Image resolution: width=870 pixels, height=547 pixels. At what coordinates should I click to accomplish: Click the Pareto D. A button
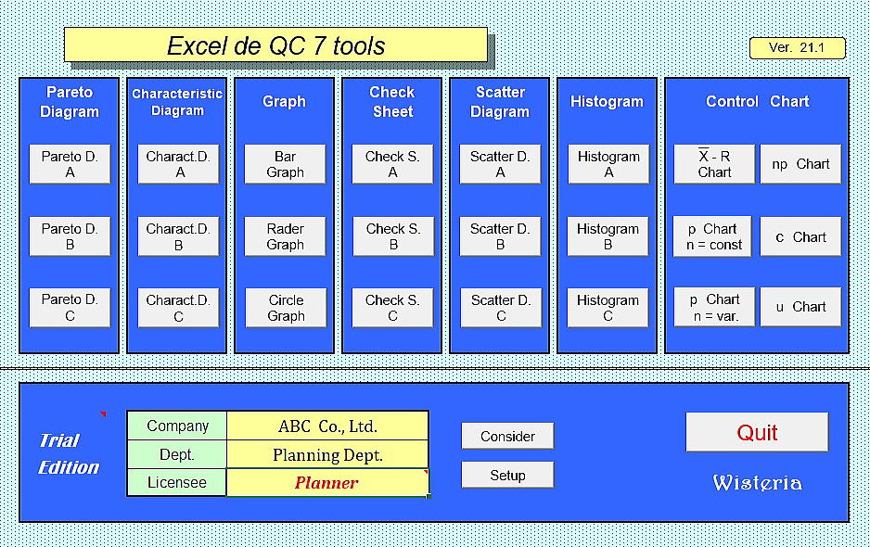click(70, 164)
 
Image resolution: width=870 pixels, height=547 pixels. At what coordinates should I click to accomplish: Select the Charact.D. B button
click(178, 236)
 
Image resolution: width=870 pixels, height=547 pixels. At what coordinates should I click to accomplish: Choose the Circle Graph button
click(286, 308)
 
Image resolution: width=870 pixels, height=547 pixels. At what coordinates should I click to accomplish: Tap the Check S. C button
click(393, 308)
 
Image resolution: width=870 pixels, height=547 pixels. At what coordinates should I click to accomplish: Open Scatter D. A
click(500, 164)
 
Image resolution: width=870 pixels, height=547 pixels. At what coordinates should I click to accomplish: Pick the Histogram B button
click(608, 236)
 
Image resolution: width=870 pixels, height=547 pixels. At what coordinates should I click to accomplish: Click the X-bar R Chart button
click(714, 164)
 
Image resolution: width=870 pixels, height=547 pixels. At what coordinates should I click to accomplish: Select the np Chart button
click(800, 164)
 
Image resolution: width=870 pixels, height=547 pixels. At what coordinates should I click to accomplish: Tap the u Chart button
click(800, 307)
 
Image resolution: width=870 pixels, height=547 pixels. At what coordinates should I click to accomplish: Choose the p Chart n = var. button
click(714, 307)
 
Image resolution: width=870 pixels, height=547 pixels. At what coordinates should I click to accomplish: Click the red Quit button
click(758, 432)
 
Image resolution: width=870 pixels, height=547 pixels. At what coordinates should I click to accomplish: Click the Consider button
click(507, 436)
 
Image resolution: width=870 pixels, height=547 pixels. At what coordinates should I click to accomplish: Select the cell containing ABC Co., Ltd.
click(327, 426)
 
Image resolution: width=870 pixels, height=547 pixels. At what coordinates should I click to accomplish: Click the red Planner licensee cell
click(327, 483)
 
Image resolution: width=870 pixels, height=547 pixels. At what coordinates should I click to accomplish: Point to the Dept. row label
click(177, 454)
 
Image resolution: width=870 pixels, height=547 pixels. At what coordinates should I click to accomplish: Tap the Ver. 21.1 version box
click(798, 47)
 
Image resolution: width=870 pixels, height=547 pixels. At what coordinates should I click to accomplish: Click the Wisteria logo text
click(758, 483)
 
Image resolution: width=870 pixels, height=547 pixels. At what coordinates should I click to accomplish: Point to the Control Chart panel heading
click(758, 102)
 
